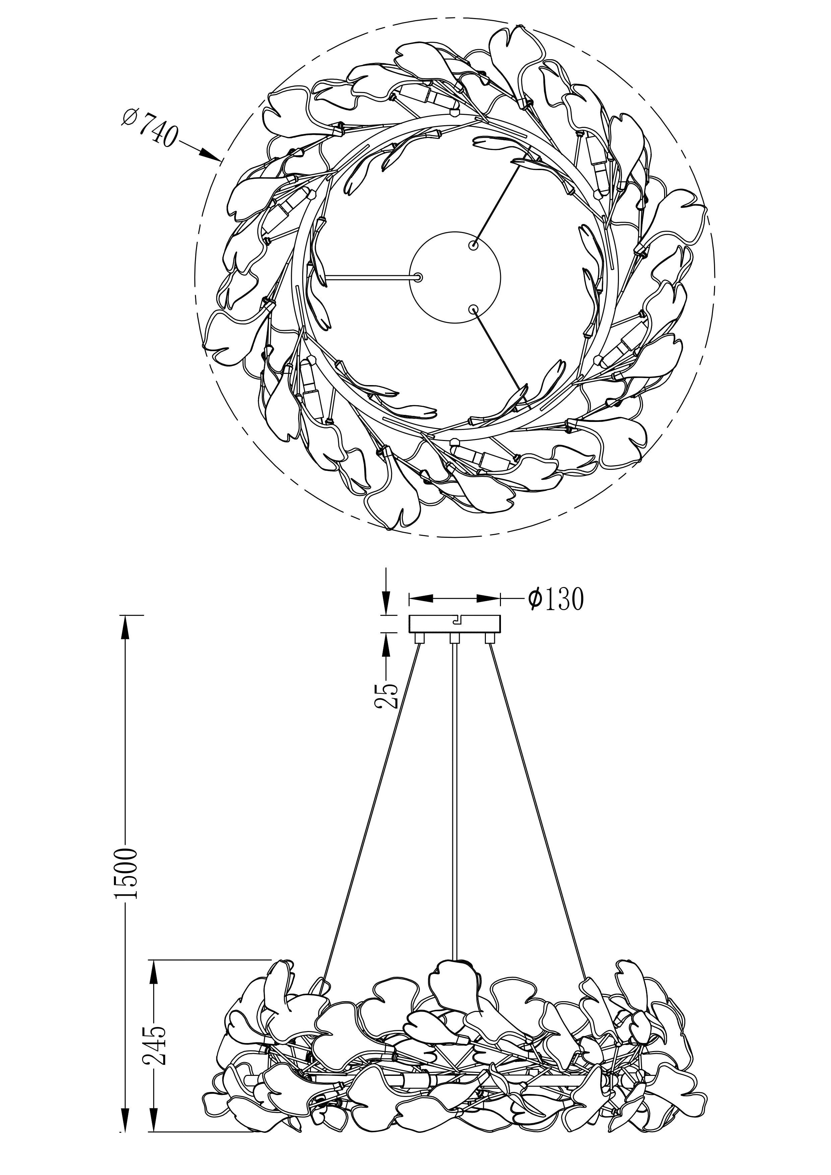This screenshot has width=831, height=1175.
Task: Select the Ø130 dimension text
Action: click(x=556, y=598)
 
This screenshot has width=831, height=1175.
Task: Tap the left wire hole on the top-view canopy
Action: click(x=419, y=277)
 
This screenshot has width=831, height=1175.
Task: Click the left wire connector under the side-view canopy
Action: click(x=419, y=638)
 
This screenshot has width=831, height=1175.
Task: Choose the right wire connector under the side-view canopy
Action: click(x=490, y=638)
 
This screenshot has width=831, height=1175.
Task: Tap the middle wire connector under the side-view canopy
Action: click(x=454, y=638)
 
